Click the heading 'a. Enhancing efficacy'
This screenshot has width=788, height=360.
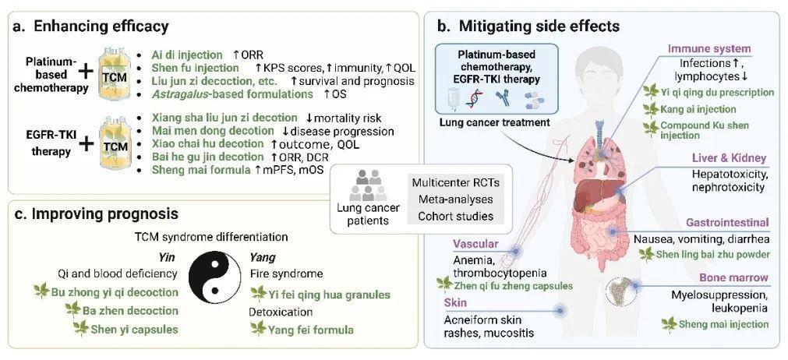coord(91,26)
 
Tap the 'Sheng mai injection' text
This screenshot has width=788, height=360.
coord(720,323)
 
